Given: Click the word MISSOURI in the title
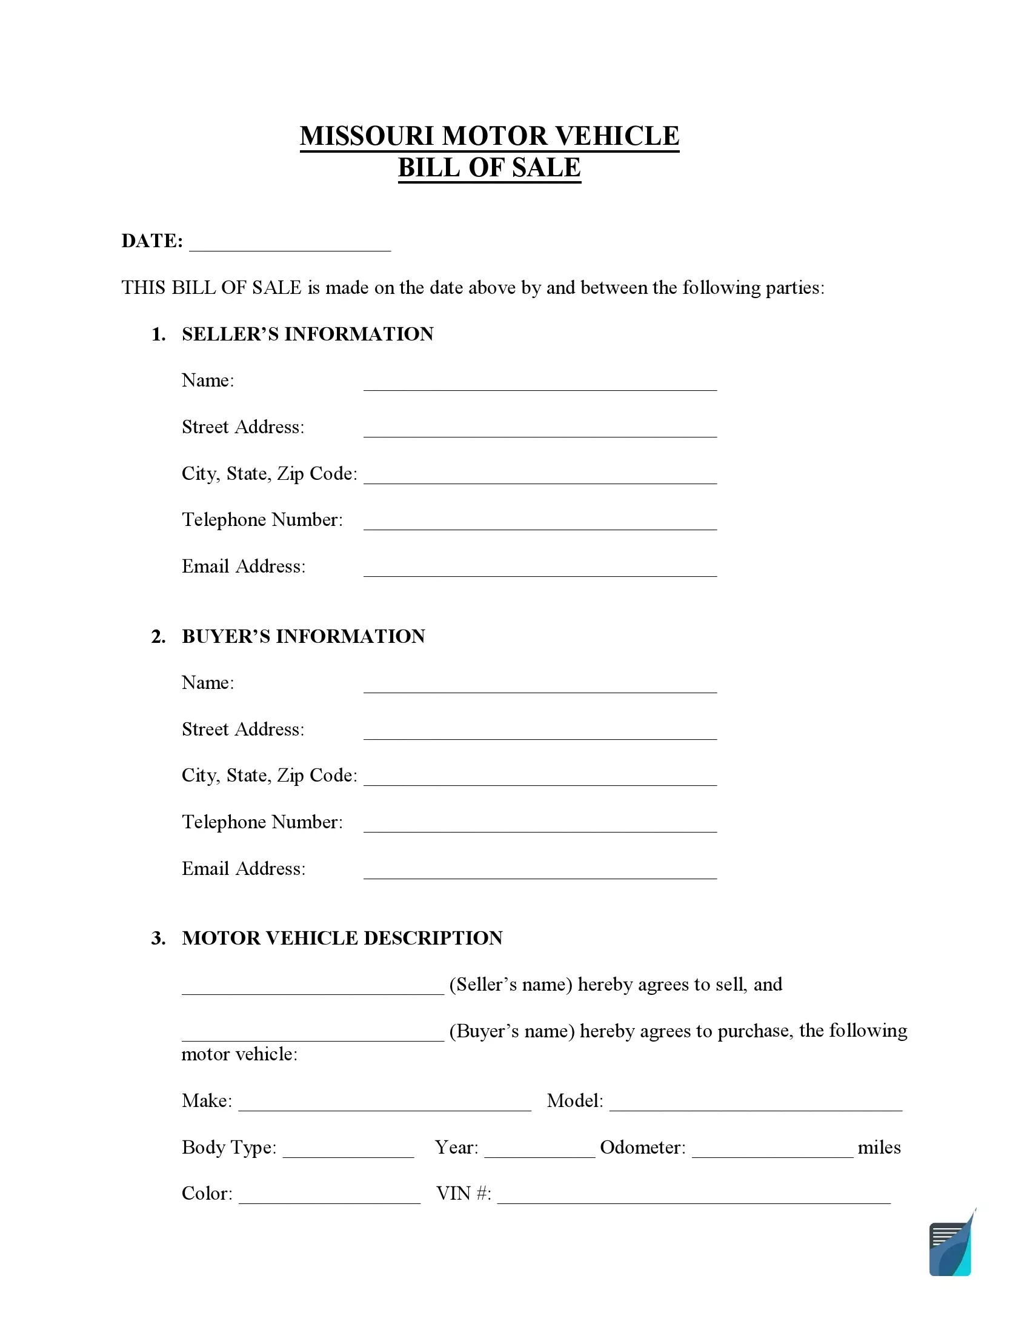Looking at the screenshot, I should tap(366, 136).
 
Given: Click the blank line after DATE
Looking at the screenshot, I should tap(290, 244).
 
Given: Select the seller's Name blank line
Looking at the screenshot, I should tap(540, 384).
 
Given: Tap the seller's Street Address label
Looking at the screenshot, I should tap(243, 427).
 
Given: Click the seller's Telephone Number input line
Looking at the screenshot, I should tap(540, 523).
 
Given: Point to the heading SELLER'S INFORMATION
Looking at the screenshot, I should tap(308, 334).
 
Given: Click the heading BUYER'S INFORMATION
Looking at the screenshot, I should tap(304, 636).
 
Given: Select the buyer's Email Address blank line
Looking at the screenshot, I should tap(540, 871).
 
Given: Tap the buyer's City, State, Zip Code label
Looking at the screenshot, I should tap(269, 775).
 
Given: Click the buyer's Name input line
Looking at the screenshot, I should tap(540, 686).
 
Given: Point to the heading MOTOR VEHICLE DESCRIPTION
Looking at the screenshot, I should tap(342, 938).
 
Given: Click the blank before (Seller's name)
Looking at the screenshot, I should tap(313, 988).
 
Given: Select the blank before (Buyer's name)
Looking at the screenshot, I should tap(313, 1034).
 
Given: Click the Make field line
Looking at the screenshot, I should tap(384, 1104).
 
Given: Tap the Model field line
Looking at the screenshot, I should tap(756, 1104).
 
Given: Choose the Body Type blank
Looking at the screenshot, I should tap(348, 1151).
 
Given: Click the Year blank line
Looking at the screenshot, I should tap(539, 1151).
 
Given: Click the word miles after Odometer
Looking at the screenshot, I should tap(879, 1148).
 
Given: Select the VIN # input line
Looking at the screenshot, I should tap(694, 1197).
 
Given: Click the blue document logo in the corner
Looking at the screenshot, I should tap(950, 1248).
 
